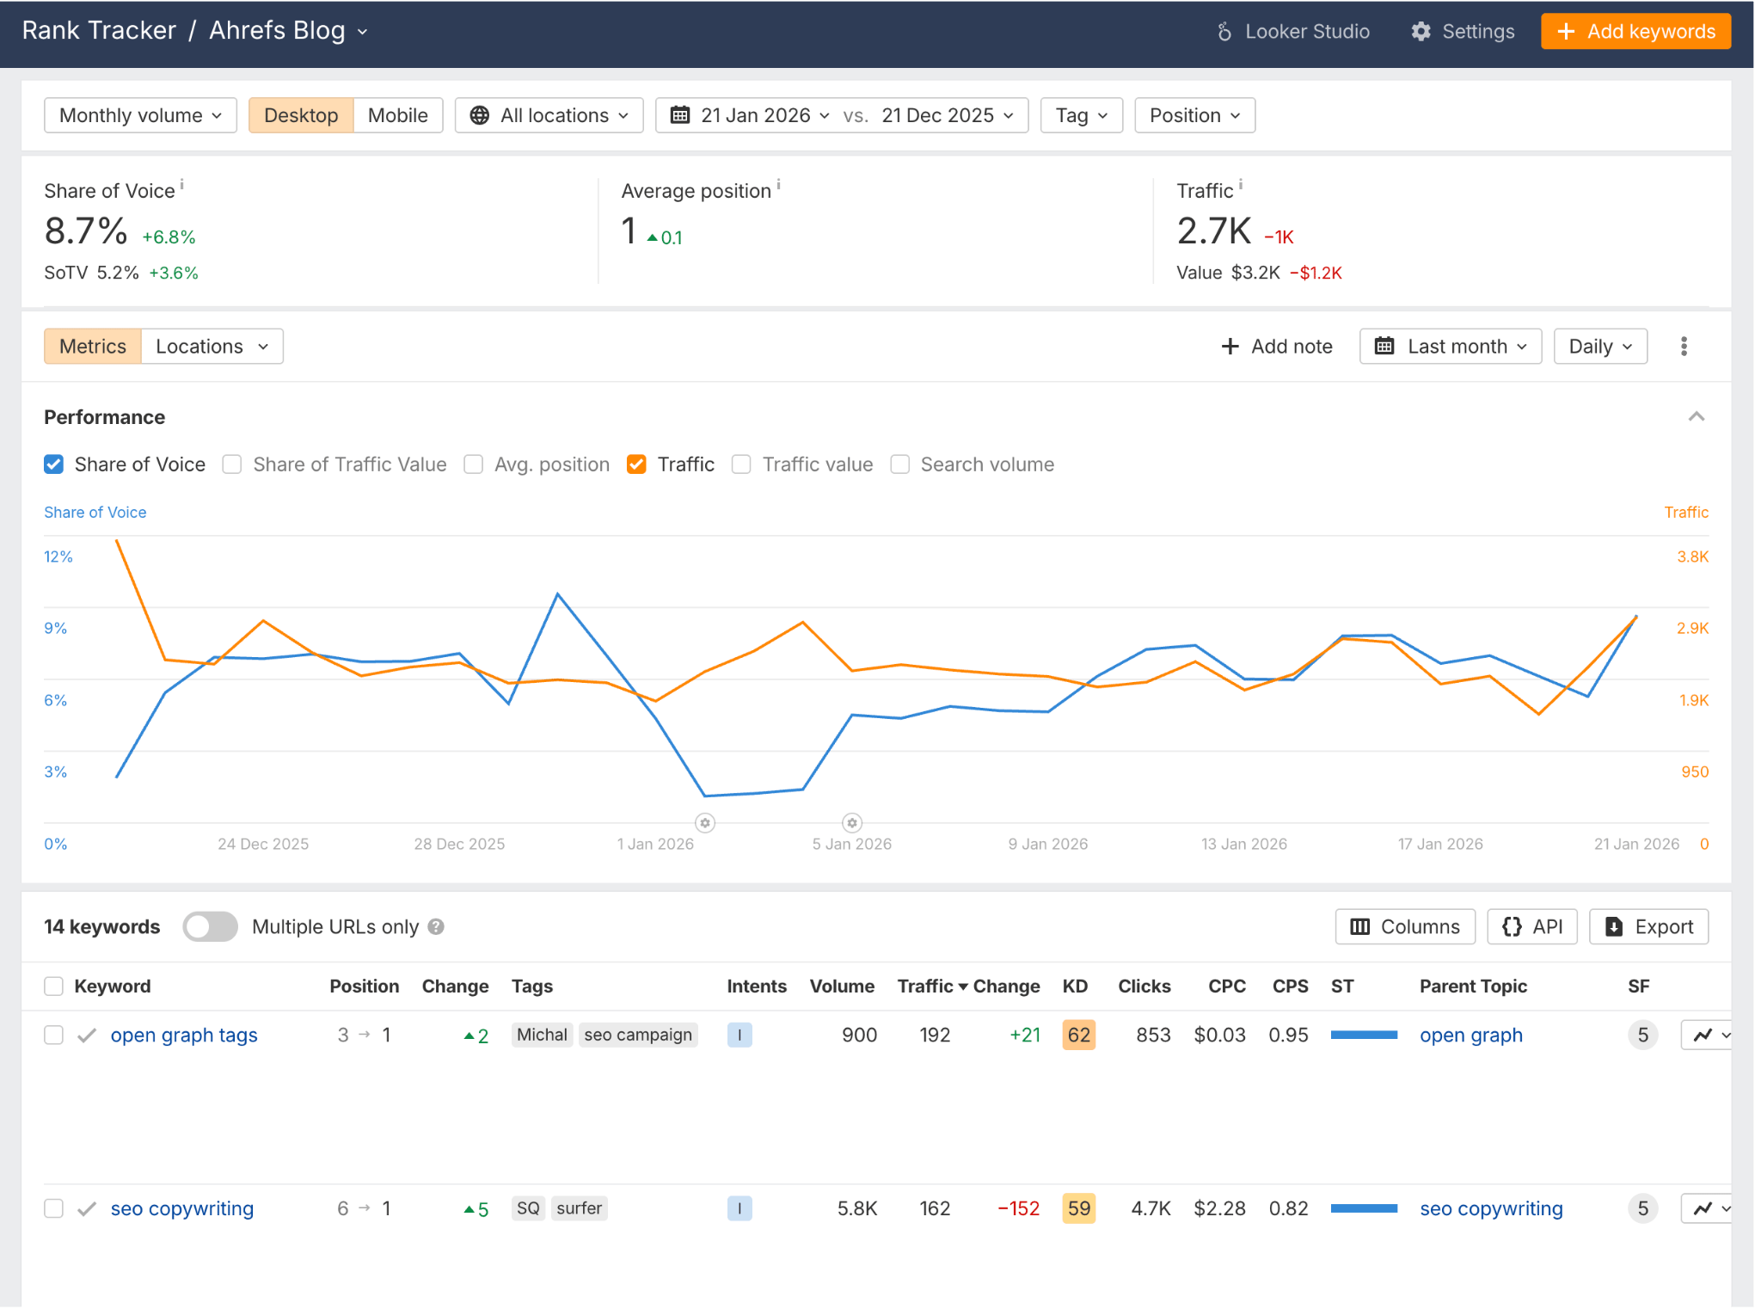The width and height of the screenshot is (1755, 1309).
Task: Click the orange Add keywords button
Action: tap(1635, 32)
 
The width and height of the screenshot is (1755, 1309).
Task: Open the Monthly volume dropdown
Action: tap(140, 115)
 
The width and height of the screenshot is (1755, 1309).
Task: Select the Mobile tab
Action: tap(397, 115)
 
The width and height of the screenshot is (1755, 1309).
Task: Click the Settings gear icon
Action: tap(1421, 32)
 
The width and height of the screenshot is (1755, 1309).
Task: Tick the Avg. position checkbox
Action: tap(473, 464)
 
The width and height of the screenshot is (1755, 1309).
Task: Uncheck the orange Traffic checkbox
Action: tap(636, 464)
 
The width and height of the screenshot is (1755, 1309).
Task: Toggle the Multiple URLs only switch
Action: tap(210, 926)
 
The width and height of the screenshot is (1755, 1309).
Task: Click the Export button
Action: tap(1648, 926)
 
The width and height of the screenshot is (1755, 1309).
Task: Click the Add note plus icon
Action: tap(1230, 347)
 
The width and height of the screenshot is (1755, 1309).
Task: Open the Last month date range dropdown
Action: tap(1450, 347)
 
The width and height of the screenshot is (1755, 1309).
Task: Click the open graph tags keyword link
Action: tap(184, 1035)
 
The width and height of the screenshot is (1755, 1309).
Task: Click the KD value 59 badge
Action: tap(1078, 1208)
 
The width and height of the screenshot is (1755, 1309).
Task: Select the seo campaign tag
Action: tap(637, 1035)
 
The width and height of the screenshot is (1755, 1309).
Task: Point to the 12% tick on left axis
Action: tap(58, 556)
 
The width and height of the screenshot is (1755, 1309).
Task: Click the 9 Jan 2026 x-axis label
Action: tap(1047, 844)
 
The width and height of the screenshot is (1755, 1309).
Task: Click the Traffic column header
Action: tap(925, 986)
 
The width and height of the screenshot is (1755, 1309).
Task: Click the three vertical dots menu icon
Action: tap(1684, 347)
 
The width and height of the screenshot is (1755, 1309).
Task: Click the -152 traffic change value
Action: tap(1018, 1208)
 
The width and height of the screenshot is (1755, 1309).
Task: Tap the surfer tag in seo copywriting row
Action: tap(579, 1208)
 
